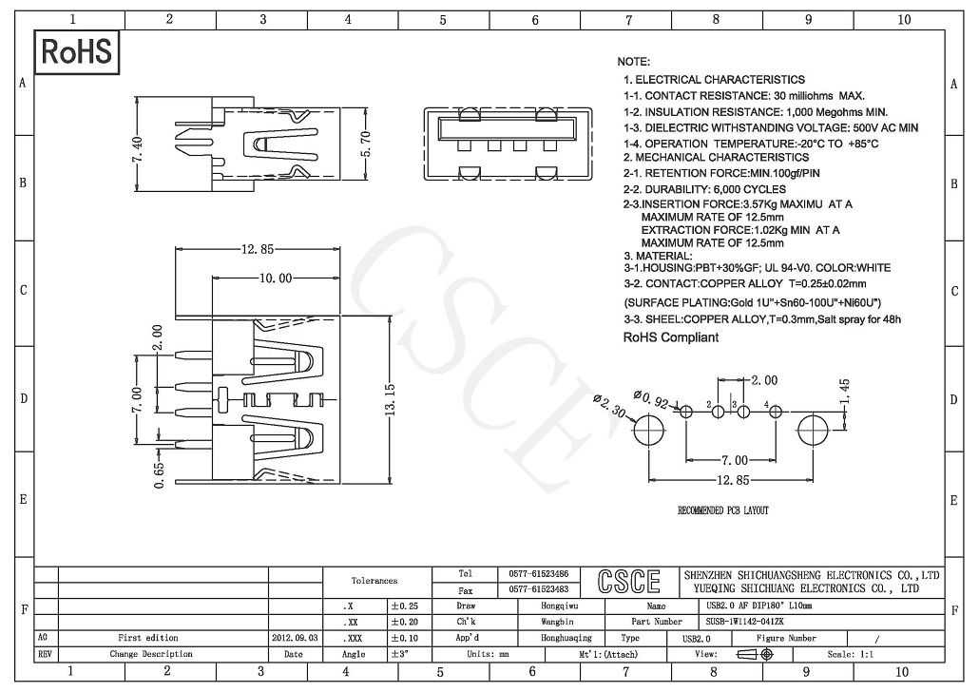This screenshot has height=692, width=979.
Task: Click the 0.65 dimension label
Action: pyautogui.click(x=158, y=471)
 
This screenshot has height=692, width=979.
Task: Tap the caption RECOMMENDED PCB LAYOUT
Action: pyautogui.click(x=722, y=511)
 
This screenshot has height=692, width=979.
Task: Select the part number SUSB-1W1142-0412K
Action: pyautogui.click(x=745, y=621)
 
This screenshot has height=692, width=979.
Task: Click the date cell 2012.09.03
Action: pyautogui.click(x=294, y=638)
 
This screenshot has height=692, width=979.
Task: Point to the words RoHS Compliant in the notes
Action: pyautogui.click(x=670, y=337)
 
